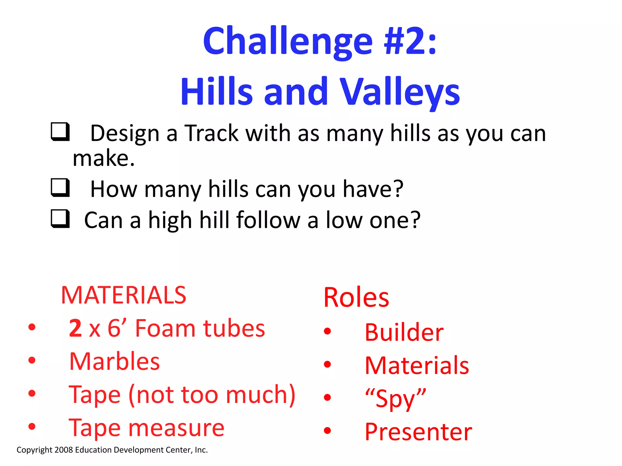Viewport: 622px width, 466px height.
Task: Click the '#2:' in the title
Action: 410,41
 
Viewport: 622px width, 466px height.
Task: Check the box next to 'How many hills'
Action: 60,187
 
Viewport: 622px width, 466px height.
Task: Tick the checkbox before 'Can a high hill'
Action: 60,218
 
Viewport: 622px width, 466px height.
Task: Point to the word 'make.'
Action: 104,158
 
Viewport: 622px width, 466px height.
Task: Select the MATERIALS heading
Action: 123,295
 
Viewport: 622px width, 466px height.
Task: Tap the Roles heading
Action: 356,297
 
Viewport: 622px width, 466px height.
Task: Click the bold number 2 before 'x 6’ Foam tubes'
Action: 75,328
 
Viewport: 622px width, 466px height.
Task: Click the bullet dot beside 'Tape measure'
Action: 32,426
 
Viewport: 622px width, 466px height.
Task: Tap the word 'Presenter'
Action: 418,432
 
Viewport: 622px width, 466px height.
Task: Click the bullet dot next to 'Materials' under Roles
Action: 327,364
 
